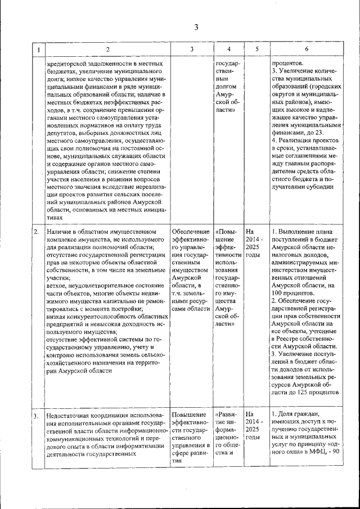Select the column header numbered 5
click(256, 49)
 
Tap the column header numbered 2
click(107, 49)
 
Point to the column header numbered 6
click(307, 49)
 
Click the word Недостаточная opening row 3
click(70, 416)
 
